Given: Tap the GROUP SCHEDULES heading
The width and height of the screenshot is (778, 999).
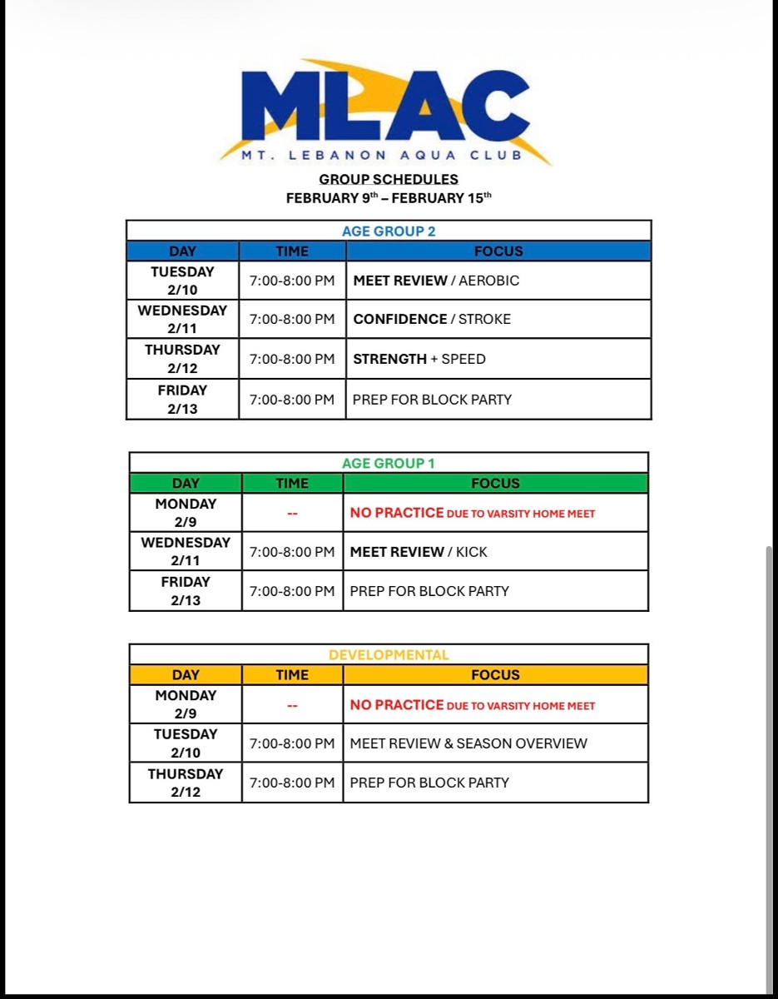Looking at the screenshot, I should click(x=389, y=179).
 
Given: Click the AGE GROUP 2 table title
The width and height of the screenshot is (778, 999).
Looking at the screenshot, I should click(x=389, y=231).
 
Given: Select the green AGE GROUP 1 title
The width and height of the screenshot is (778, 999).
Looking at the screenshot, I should click(x=389, y=464).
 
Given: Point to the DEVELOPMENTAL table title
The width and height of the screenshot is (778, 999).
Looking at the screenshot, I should click(x=389, y=655).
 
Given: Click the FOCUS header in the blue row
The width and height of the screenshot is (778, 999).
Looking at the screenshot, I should click(x=498, y=251).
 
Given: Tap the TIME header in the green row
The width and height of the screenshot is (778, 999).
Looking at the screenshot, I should click(x=292, y=484).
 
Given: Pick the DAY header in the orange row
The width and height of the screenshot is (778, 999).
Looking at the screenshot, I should click(x=186, y=675).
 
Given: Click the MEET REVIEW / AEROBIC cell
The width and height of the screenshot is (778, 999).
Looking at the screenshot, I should click(x=436, y=281).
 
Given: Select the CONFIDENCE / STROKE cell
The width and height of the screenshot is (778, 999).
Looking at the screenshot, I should click(x=432, y=319).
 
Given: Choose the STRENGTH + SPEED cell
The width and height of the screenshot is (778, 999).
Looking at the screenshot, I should click(x=419, y=359).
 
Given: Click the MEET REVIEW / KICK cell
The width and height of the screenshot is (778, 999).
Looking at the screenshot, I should click(x=419, y=552).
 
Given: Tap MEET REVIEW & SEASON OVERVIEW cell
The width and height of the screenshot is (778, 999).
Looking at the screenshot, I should click(x=468, y=743).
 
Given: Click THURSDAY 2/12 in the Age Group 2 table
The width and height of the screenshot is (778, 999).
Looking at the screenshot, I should click(x=182, y=359).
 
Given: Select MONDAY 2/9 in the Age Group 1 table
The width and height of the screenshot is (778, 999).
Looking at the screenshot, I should click(x=186, y=513).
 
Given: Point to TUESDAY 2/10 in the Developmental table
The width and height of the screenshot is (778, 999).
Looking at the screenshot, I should click(x=186, y=743).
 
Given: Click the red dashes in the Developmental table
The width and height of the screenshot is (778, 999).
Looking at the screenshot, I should click(x=292, y=706).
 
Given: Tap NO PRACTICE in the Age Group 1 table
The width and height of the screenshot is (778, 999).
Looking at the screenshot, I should click(x=397, y=513).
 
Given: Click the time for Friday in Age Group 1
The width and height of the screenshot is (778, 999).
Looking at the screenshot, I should click(x=292, y=591).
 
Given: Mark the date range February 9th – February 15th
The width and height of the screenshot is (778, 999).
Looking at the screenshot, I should click(x=389, y=198).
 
